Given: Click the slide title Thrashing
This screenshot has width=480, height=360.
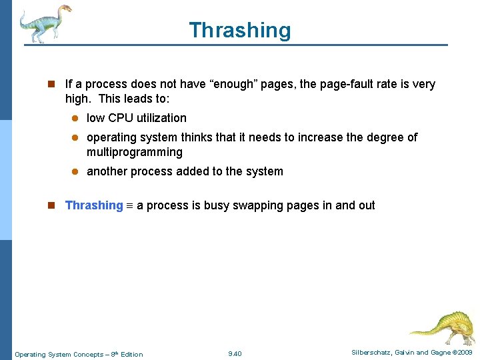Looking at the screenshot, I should click(x=240, y=30).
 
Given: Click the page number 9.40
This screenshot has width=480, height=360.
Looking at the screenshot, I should click(x=235, y=353).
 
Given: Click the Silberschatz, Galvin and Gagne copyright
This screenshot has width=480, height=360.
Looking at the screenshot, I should click(x=411, y=353).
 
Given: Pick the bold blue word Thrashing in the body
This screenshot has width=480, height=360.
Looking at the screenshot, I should click(x=94, y=205).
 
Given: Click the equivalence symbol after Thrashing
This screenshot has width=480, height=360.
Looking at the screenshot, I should click(x=130, y=206).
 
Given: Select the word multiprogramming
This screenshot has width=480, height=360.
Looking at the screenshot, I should click(x=135, y=152).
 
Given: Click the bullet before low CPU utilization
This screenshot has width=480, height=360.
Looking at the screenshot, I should click(x=75, y=119).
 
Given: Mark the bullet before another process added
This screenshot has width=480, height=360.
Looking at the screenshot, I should click(x=75, y=172).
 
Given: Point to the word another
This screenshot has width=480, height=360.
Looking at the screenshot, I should click(x=107, y=171).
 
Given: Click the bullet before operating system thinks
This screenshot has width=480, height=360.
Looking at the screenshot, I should click(x=75, y=138).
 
